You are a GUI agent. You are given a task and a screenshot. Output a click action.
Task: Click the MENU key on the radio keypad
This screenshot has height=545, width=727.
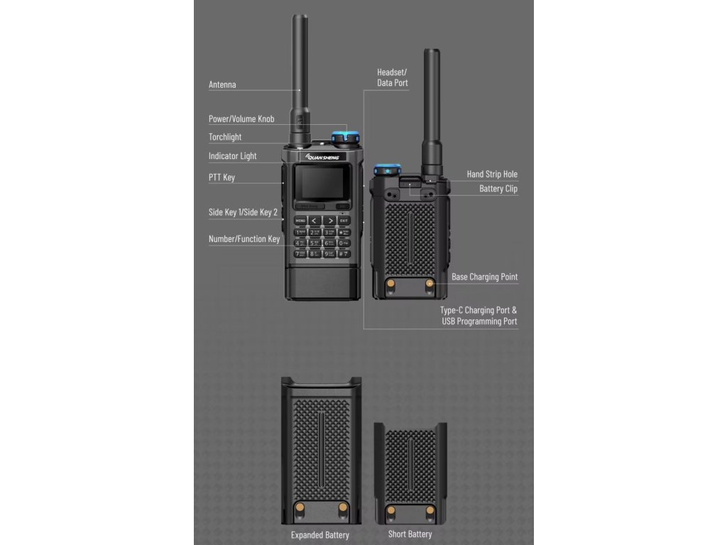300,221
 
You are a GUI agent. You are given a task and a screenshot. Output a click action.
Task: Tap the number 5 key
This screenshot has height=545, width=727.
315,243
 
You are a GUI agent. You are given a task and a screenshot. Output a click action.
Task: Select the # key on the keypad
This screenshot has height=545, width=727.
344,253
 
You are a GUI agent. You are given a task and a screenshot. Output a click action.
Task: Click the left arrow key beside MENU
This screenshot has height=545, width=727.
315,221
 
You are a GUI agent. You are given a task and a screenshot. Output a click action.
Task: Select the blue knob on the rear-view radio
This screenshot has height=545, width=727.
388,169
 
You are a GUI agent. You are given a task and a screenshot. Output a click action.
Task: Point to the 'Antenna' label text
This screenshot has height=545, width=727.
222,85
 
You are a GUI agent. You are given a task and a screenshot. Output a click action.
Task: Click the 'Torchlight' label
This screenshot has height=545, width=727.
225,137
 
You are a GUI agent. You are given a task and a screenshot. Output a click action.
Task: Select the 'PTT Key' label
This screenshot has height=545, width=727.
222,177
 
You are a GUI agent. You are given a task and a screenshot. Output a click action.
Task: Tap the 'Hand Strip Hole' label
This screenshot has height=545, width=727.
492,175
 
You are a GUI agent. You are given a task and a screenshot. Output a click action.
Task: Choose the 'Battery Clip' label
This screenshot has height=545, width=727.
498,189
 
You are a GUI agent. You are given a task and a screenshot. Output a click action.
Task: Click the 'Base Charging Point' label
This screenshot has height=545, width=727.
485,277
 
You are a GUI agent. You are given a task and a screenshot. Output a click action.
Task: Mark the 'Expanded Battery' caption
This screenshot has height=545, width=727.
320,535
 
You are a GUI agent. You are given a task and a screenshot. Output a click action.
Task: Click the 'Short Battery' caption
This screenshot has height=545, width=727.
410,534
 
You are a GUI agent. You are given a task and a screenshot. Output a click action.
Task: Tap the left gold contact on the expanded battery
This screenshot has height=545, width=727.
300,507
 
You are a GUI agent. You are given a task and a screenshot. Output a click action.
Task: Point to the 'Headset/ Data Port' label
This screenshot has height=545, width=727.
393,78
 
